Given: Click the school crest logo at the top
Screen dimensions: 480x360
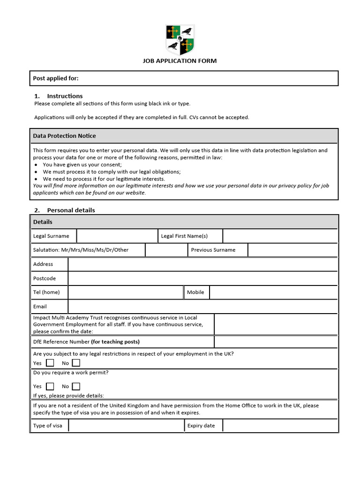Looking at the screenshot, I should tap(180, 40).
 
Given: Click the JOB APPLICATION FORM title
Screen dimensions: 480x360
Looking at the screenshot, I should tap(180, 61).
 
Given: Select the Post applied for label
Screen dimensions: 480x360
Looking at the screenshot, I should tap(56, 78).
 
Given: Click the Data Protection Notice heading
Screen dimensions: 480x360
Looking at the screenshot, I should tap(64, 136).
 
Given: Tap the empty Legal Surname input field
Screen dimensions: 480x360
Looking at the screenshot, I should tap(117, 236).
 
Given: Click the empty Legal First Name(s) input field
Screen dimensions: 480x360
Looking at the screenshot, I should tap(280, 236).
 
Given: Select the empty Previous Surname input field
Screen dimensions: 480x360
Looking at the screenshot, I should tap(292, 250).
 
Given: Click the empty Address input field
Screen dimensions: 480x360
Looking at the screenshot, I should tap(202, 264).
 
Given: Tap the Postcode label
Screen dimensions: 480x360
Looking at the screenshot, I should tap(45, 278).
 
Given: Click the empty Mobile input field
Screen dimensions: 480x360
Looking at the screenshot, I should tap(273, 292).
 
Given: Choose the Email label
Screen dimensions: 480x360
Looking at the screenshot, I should tap(40, 307).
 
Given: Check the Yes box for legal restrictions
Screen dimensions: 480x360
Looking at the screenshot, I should tap(50, 363).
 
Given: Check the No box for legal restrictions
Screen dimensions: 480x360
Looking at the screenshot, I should tap(76, 363).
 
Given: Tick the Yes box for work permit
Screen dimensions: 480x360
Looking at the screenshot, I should tap(50, 386).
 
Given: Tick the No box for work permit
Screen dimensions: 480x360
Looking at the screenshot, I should tap(76, 386).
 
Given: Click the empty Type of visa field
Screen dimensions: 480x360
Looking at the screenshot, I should tap(126, 426).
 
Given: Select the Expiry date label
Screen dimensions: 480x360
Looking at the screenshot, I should tap(201, 426).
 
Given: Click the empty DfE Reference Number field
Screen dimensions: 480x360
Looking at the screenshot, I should tap(276, 342).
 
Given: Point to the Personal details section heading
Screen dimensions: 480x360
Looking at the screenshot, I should tap(71, 210).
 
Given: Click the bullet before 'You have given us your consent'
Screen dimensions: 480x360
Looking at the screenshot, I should tap(37, 165).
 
